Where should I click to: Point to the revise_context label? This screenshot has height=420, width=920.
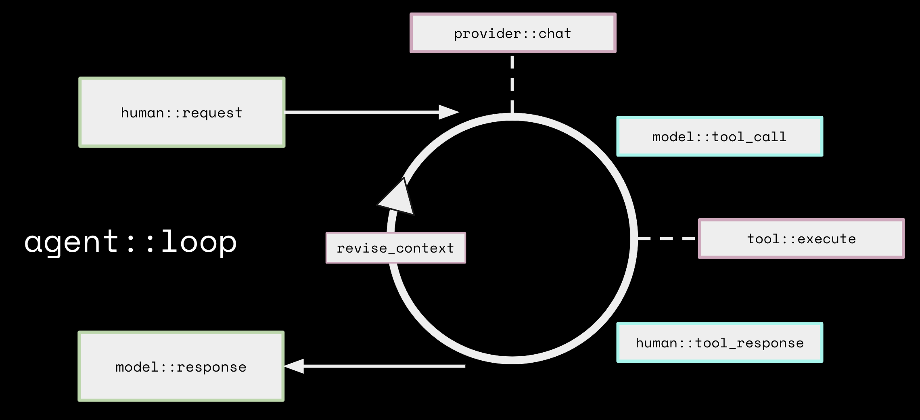click(x=395, y=248)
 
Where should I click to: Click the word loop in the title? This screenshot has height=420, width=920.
click(x=199, y=241)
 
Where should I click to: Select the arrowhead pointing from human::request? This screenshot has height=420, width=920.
click(x=448, y=112)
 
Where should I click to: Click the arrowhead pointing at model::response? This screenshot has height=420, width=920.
click(x=295, y=366)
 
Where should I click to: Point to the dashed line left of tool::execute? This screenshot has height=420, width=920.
click(x=667, y=238)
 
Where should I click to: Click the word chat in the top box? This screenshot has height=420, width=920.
click(x=555, y=33)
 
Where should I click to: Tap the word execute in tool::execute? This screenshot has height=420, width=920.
click(x=826, y=239)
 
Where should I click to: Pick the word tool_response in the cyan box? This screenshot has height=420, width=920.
click(x=749, y=343)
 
